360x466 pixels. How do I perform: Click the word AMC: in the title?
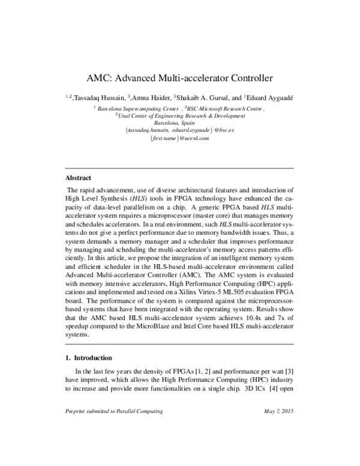pyautogui.click(x=100, y=78)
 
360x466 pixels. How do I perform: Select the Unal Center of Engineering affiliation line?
pyautogui.click(x=181, y=116)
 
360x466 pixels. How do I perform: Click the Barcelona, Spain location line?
pyautogui.click(x=179, y=124)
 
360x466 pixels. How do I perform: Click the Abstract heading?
pyautogui.click(x=78, y=178)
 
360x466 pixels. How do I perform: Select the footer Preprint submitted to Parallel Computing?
pyautogui.click(x=113, y=411)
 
